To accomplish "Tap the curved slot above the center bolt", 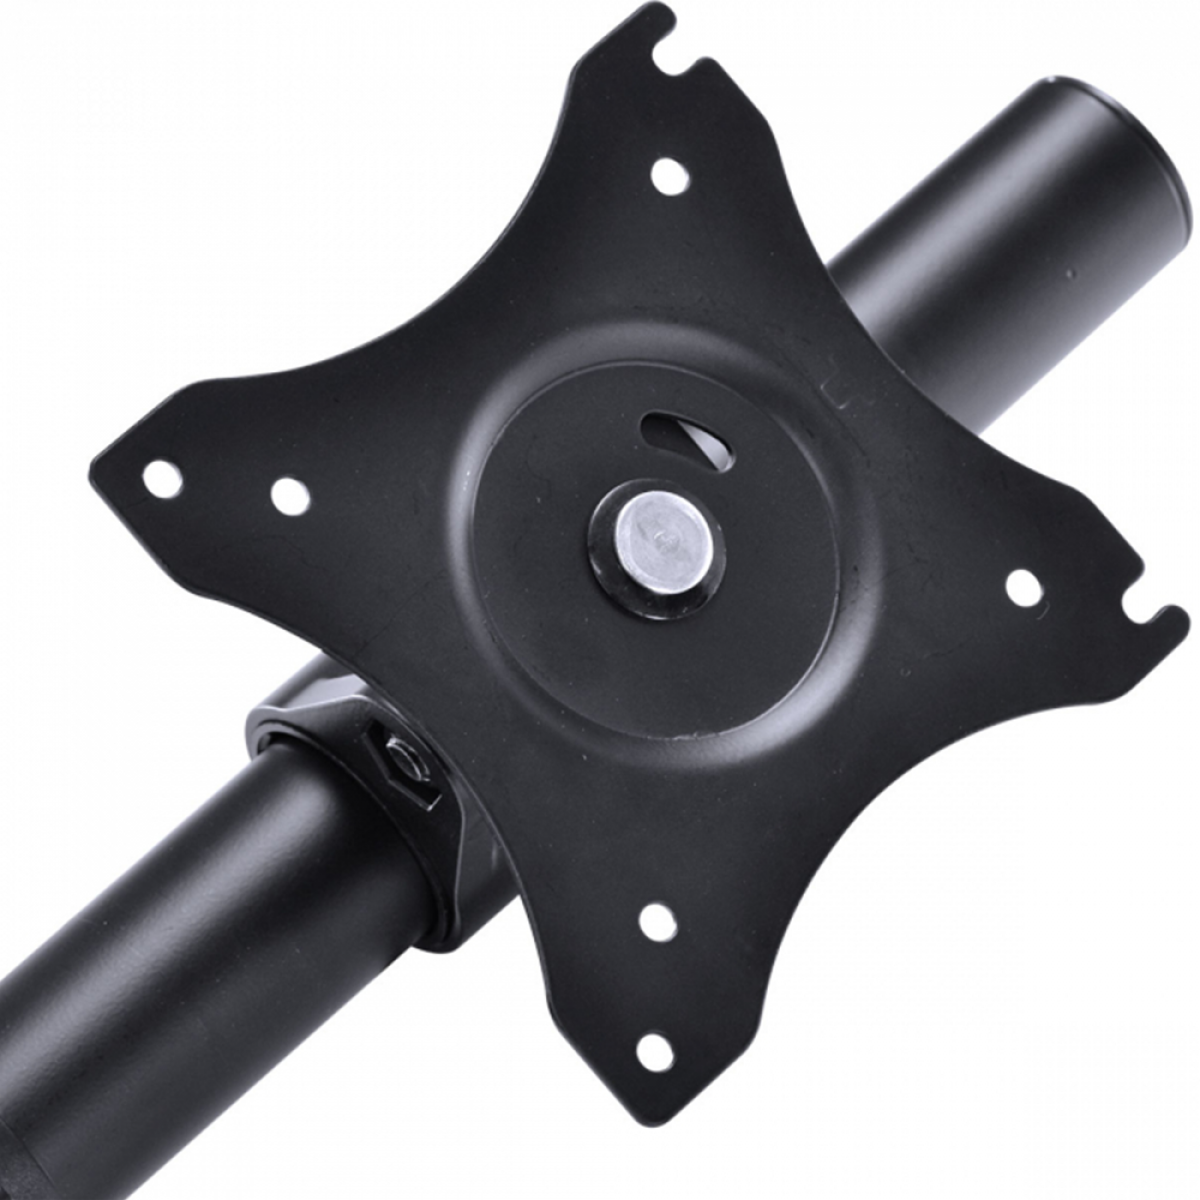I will click(688, 438).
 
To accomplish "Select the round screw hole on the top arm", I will click(669, 177).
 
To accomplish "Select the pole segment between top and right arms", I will click(950, 300).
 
